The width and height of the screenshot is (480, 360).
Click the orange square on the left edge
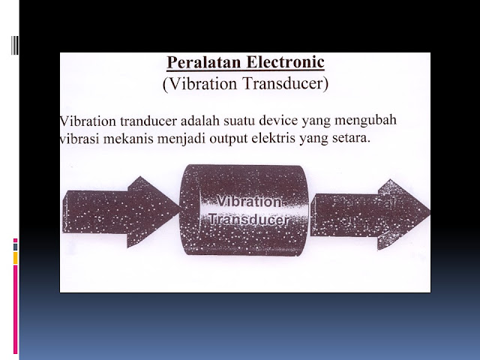click(16, 258)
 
